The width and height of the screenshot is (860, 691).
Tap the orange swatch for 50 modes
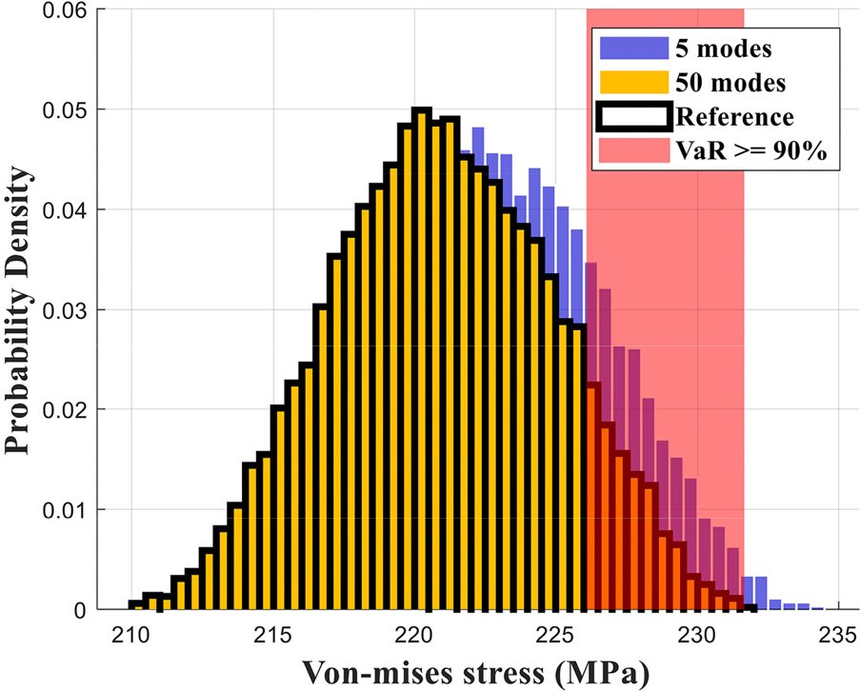(x=632, y=83)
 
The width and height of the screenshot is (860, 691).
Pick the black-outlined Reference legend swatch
(x=632, y=117)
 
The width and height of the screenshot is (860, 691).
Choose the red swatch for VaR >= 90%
(x=632, y=152)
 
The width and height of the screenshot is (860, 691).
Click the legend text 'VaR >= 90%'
(x=753, y=152)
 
